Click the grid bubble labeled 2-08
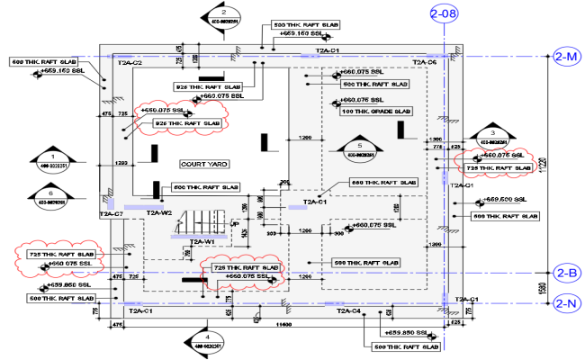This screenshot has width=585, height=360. point(444,13)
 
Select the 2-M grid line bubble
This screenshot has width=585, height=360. point(567,56)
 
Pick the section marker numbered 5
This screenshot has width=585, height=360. point(358,149)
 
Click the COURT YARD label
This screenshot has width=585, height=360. point(204,165)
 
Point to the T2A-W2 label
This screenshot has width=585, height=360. point(159,213)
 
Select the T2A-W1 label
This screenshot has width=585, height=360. point(201,242)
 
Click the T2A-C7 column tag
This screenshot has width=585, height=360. point(111,214)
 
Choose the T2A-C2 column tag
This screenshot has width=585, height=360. point(130,63)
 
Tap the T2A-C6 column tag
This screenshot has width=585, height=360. point(424,63)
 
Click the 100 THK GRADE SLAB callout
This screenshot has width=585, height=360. point(375,112)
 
